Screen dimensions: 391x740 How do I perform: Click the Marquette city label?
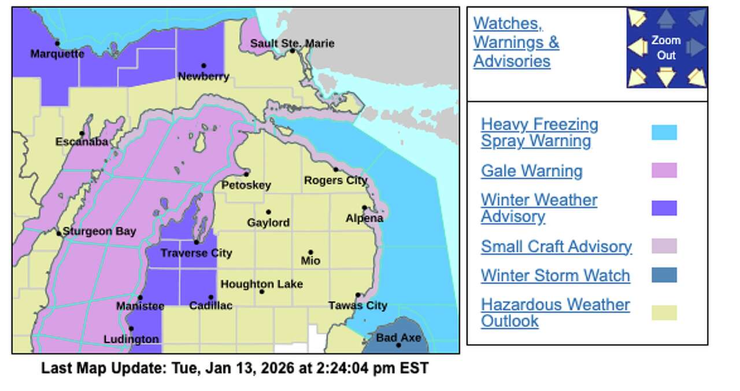(x=57, y=54)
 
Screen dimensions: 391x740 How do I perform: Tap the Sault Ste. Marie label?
(x=292, y=43)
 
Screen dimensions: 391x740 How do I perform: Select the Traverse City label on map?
(x=196, y=253)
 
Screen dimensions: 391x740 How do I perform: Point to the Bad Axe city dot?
(x=398, y=345)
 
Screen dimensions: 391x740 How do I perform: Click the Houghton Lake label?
(x=261, y=284)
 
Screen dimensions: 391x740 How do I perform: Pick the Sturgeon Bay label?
(x=99, y=231)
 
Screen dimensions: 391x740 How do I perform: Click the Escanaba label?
(x=82, y=142)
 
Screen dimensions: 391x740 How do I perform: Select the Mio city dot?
(x=310, y=252)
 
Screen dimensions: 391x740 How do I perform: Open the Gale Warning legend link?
(x=531, y=171)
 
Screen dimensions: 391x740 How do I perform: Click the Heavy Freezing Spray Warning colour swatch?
(x=664, y=132)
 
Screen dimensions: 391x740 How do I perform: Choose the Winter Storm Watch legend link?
(x=555, y=275)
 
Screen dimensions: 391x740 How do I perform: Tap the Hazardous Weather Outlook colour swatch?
(x=664, y=313)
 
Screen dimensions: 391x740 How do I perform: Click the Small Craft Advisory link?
(x=556, y=246)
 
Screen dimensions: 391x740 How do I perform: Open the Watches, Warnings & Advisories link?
(x=516, y=42)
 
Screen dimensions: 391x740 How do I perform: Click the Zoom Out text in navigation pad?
(x=666, y=47)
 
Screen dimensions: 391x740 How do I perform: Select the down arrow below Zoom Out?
(x=666, y=76)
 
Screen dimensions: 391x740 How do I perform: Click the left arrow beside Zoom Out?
(x=637, y=47)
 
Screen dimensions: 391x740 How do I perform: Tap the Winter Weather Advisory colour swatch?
(x=664, y=208)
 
